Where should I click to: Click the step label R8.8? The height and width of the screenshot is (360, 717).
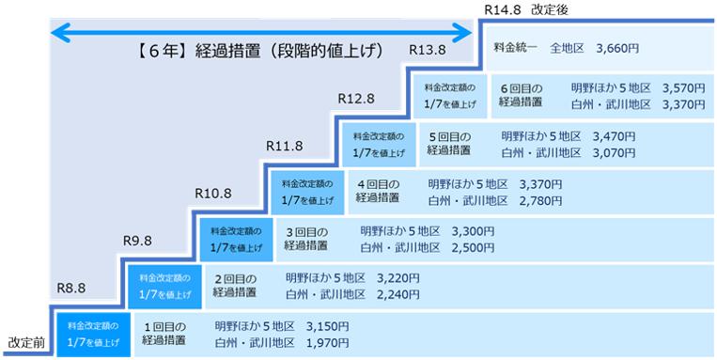pos(71,288)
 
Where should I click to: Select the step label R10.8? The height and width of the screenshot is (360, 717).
pos(212,194)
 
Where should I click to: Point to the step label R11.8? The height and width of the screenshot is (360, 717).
pos(284,147)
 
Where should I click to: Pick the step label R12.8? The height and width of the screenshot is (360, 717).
pos(356,99)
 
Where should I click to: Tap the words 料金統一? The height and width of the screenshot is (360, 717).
pos(514,46)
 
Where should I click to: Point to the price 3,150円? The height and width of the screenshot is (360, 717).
pos(327,327)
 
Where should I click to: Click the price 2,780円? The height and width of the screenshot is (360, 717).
pos(540,200)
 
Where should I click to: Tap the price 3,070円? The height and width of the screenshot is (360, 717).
pos(615,152)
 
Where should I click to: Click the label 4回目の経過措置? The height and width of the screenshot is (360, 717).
pos(378,191)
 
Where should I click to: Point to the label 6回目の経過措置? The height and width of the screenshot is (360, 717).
pos(522,95)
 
